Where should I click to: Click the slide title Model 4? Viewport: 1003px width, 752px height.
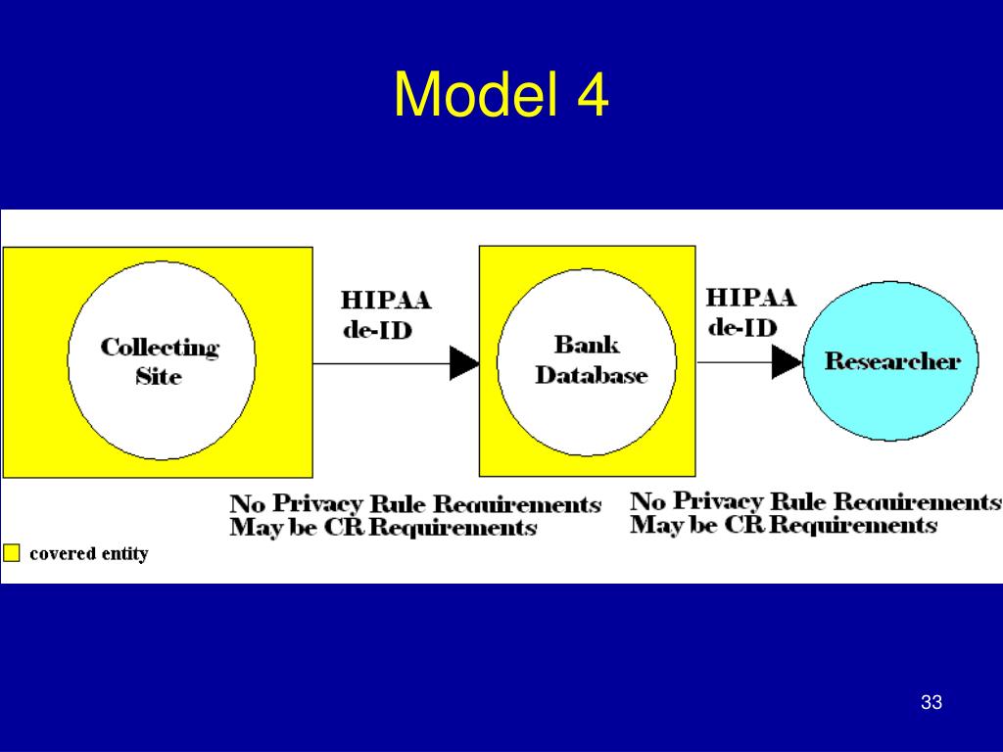pos(501,96)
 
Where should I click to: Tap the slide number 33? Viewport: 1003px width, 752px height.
pos(931,702)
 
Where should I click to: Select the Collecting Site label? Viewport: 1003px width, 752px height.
pos(159,360)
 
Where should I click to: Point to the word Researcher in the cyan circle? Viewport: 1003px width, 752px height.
pos(891,361)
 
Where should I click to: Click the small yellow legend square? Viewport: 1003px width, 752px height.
pos(11,553)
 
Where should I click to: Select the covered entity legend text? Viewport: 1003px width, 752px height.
pos(88,553)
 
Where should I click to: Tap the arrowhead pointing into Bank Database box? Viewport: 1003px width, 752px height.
pos(464,363)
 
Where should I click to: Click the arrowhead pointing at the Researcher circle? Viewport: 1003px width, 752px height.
pos(786,362)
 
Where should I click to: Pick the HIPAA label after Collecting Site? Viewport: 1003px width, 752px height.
pos(386,300)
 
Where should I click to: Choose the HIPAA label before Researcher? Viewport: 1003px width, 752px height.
pos(751,297)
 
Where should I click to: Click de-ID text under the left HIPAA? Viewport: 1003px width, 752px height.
pos(377,329)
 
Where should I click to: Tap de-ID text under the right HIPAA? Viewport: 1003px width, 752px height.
pos(741,326)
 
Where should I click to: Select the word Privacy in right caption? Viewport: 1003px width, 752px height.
pos(718,501)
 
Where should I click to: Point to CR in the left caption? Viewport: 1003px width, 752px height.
pos(349,529)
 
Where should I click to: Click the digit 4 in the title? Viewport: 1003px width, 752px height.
pos(591,96)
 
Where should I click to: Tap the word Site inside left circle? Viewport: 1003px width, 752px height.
pos(159,376)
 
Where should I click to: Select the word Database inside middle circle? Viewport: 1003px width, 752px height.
pos(591,375)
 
